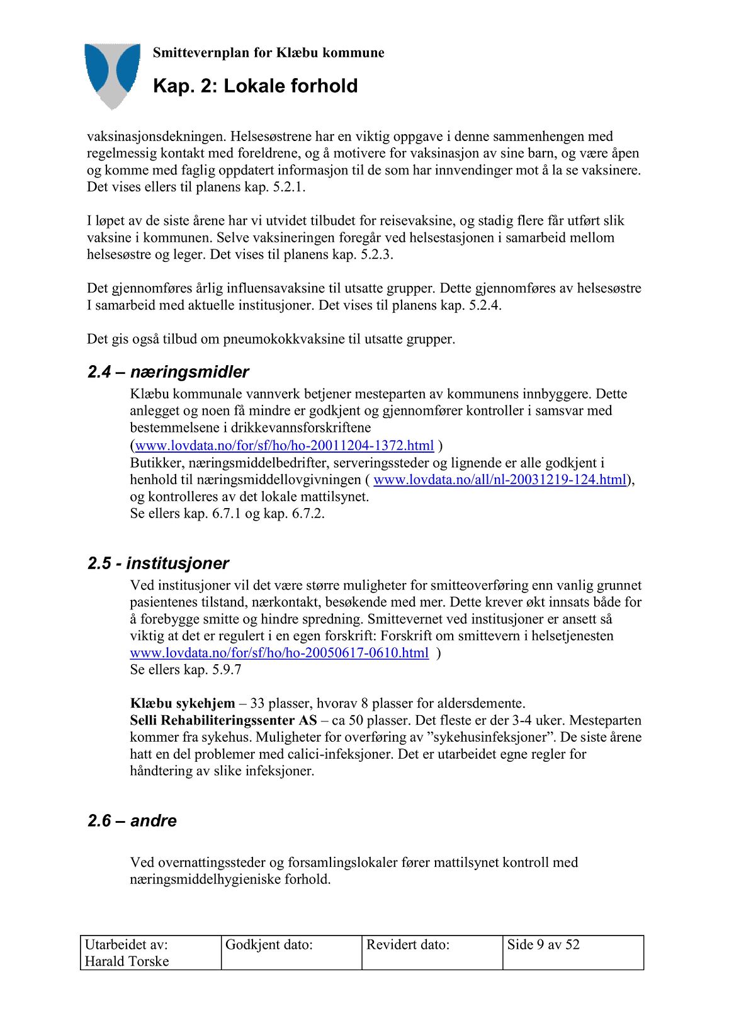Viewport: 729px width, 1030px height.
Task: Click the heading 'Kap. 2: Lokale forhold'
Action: (x=255, y=86)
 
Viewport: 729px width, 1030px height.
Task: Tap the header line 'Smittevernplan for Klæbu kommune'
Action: (x=268, y=53)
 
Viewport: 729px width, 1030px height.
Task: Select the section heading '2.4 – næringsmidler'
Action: (x=168, y=372)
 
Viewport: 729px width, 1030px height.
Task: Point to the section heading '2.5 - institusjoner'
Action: (x=158, y=563)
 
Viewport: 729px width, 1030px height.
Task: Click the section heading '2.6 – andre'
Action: (x=132, y=821)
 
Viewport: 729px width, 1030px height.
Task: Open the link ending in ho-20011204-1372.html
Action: (x=285, y=446)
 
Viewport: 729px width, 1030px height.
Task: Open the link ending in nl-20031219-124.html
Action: (x=500, y=480)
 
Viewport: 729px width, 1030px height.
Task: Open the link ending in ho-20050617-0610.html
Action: (x=279, y=653)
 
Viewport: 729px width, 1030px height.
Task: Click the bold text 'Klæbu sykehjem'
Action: (x=183, y=703)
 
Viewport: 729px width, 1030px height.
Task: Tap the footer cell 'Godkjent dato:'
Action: (x=269, y=944)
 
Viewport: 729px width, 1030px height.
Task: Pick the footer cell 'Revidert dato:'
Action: (x=408, y=944)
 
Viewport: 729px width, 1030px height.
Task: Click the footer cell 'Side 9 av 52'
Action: (x=543, y=944)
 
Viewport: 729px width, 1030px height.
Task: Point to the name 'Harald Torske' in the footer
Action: (x=127, y=961)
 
